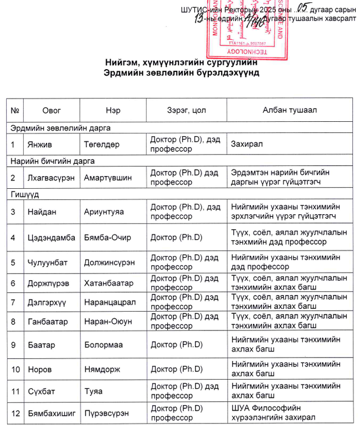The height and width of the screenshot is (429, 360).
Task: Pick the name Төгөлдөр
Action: (x=102, y=144)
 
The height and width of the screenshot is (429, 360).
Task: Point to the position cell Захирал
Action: (x=247, y=144)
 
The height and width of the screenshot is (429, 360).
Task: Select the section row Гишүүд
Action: (x=23, y=195)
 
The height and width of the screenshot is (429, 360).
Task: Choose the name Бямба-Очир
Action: (x=107, y=237)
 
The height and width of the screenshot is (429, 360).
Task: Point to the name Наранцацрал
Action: (x=110, y=302)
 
